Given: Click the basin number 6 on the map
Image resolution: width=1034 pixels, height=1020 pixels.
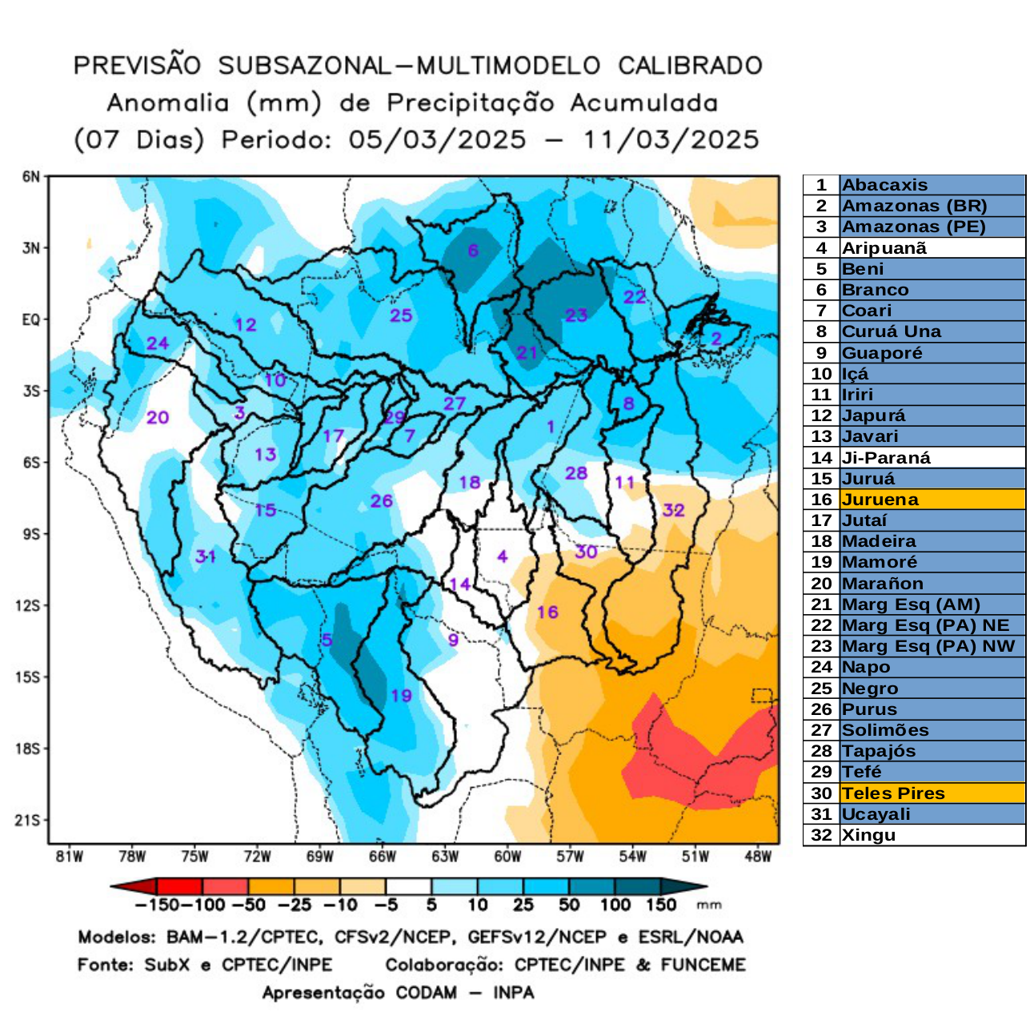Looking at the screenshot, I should point(473,251).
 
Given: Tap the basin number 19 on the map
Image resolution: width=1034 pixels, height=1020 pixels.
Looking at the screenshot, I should point(401,695).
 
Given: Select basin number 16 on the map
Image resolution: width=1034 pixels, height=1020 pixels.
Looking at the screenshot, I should point(547,612).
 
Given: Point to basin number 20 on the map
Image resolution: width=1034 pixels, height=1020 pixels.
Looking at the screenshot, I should point(158,417).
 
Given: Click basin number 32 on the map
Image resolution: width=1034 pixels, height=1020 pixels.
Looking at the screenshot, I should point(674,510).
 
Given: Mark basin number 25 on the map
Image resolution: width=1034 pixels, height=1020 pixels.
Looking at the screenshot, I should point(401,315).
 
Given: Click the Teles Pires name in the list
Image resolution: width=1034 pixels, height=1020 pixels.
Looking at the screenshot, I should point(893,793).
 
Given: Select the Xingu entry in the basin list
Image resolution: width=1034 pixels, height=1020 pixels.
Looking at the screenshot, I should point(868,835).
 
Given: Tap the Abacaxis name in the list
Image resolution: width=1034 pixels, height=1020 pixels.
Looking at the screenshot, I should point(884,185).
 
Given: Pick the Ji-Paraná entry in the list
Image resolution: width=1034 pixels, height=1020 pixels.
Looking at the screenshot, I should point(886,458).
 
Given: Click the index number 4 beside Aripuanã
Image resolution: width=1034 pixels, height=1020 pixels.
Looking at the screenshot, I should point(821,248).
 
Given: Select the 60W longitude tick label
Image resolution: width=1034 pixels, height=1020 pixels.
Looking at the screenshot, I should point(507,857).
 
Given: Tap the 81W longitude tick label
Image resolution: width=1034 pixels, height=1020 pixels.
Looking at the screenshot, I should point(70,857).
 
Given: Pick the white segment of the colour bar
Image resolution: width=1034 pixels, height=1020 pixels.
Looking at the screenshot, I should point(408,886).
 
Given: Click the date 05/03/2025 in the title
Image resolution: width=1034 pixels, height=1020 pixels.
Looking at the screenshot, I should point(437,139).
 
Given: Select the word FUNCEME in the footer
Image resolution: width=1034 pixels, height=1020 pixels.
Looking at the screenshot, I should point(703,965).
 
